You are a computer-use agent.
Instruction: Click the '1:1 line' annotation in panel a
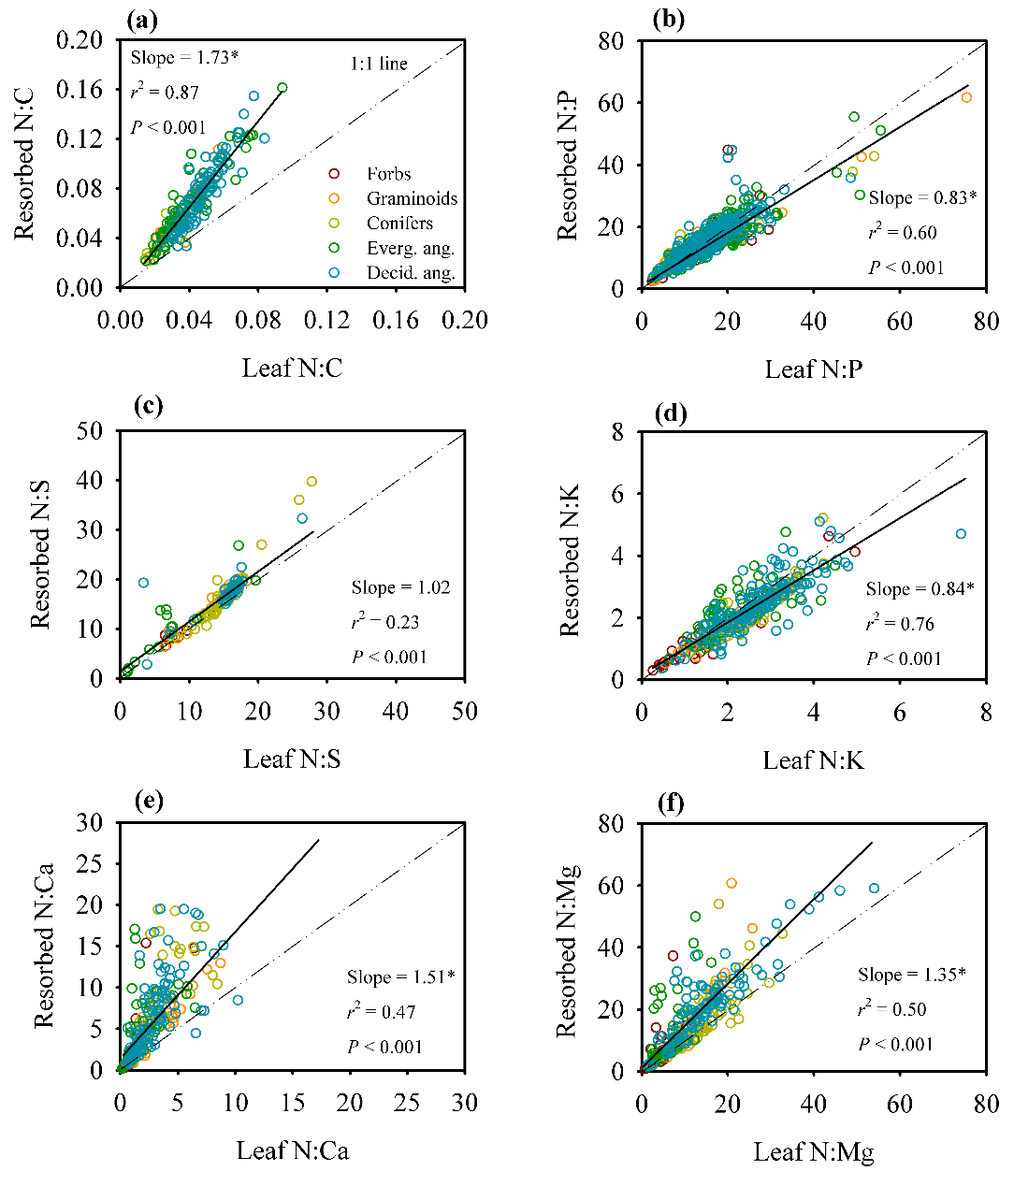pos(379,65)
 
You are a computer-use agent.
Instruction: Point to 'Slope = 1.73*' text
pos(184,58)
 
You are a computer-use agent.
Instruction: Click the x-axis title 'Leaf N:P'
pos(813,369)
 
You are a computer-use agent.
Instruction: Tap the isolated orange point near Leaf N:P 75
pos(966,97)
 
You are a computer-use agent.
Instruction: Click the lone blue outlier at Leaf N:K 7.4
pos(961,534)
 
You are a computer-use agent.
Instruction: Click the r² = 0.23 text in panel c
pos(384,622)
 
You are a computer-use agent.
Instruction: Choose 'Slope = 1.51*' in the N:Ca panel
pos(400,977)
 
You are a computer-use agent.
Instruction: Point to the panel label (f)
pos(671,803)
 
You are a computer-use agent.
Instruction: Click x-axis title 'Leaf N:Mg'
pos(814,1152)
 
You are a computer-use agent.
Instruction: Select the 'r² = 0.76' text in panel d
pos(900,624)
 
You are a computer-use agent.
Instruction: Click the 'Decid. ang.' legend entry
pos(411,274)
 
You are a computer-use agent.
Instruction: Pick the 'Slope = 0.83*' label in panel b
pos(922,197)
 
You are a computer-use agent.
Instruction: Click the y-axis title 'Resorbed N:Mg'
pos(567,947)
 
